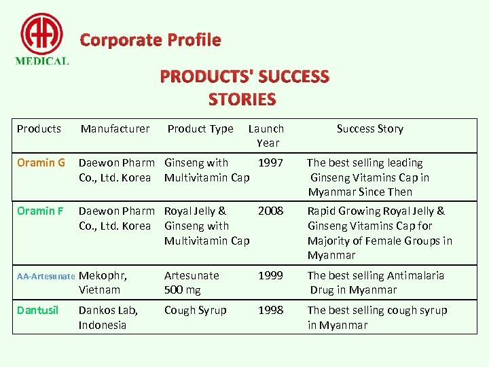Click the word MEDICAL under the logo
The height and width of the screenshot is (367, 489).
pyautogui.click(x=42, y=60)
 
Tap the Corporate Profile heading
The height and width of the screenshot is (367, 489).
pyautogui.click(x=150, y=40)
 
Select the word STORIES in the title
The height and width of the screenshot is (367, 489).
pyautogui.click(x=242, y=100)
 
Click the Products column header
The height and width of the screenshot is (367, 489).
pyautogui.click(x=39, y=128)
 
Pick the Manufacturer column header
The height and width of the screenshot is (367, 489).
pyautogui.click(x=115, y=128)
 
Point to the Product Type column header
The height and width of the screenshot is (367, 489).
pyautogui.click(x=200, y=128)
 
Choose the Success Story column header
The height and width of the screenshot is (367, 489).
pyautogui.click(x=370, y=128)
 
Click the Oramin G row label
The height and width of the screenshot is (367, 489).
pyautogui.click(x=41, y=163)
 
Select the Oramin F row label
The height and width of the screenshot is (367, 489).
pyautogui.click(x=40, y=211)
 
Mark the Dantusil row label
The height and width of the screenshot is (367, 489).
pyautogui.click(x=38, y=311)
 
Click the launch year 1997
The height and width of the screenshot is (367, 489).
pyautogui.click(x=271, y=163)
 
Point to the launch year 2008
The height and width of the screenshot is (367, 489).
pyautogui.click(x=271, y=211)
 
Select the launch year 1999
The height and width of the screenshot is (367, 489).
pyautogui.click(x=271, y=276)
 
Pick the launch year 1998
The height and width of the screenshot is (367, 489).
pyautogui.click(x=271, y=311)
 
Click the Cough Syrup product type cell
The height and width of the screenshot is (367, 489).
pyautogui.click(x=195, y=311)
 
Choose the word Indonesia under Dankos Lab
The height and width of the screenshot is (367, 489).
pyautogui.click(x=103, y=325)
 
